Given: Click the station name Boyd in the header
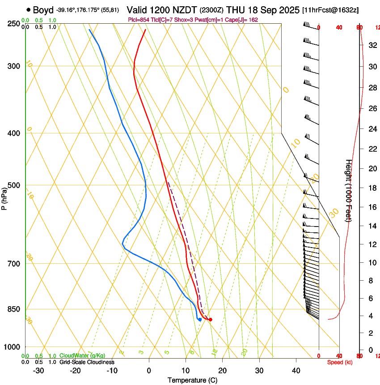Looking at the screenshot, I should (x=43, y=10).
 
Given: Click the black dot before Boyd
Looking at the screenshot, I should (x=29, y=10).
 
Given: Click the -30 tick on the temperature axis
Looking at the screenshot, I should (x=38, y=371).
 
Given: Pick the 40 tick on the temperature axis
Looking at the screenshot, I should (x=296, y=371).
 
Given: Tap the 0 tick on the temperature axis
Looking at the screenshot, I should (x=149, y=371).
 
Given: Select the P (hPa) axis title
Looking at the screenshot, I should (x=4, y=197).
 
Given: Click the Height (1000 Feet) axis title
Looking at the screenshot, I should (x=349, y=190).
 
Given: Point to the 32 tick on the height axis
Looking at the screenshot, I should (x=372, y=45).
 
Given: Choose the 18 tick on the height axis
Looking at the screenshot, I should (x=372, y=188).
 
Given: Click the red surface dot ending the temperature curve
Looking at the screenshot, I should (x=210, y=319).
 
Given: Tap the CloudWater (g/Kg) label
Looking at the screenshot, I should (x=82, y=355).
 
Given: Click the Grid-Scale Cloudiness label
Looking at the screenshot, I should (x=87, y=362).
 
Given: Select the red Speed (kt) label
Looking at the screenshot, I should (x=340, y=362).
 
